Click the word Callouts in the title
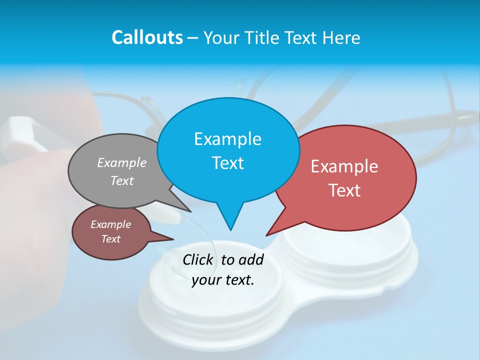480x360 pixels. (x=147, y=37)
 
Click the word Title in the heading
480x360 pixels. (x=263, y=37)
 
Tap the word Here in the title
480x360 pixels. (x=340, y=37)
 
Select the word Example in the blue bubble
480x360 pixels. (x=227, y=139)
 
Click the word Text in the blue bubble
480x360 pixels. (x=227, y=163)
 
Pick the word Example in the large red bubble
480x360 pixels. (x=344, y=166)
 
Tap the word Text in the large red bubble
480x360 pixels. (x=344, y=190)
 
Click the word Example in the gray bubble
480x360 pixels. (x=122, y=162)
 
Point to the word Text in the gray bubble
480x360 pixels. (x=122, y=180)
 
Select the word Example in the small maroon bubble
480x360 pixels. (x=110, y=224)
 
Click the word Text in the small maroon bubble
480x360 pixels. (x=110, y=239)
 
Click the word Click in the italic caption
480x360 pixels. (x=198, y=259)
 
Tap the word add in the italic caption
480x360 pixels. (x=250, y=259)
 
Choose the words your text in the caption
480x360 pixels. (x=223, y=279)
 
